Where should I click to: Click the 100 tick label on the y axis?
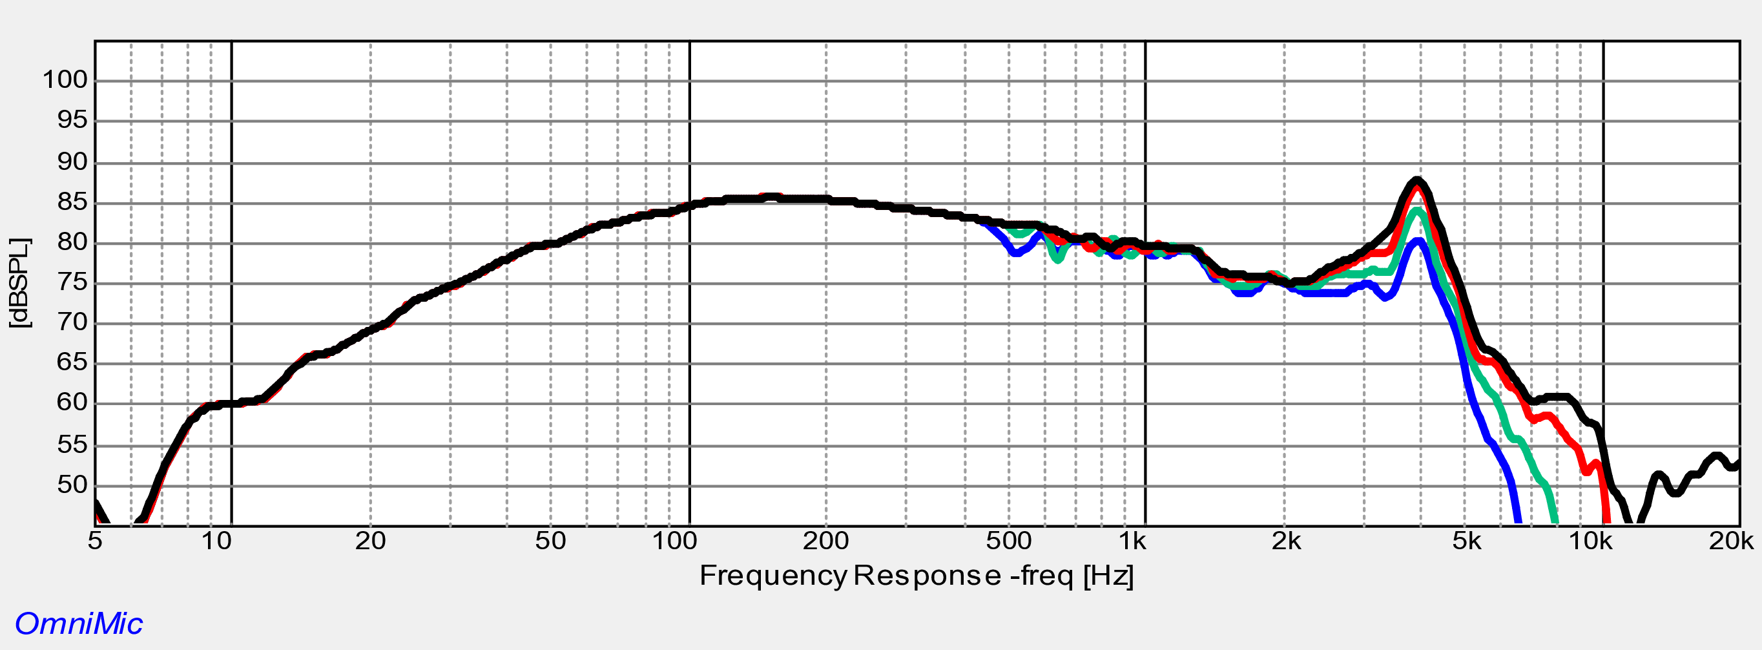click(x=66, y=80)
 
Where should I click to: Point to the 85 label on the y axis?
click(x=72, y=202)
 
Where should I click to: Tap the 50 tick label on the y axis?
click(x=72, y=486)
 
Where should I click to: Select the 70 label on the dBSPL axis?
click(x=72, y=322)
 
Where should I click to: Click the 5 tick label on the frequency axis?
click(x=95, y=541)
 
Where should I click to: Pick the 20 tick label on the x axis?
click(x=370, y=541)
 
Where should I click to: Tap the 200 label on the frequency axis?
click(x=825, y=541)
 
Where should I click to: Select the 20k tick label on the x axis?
click(x=1730, y=541)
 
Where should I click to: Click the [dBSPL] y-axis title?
click(x=20, y=282)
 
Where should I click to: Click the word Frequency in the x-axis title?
click(x=773, y=576)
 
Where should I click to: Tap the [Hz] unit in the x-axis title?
click(x=1109, y=576)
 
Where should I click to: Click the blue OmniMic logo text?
click(x=79, y=624)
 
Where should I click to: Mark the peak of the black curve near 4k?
click(x=1416, y=180)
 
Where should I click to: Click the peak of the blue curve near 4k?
click(x=1418, y=240)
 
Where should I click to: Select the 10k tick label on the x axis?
click(x=1590, y=541)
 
